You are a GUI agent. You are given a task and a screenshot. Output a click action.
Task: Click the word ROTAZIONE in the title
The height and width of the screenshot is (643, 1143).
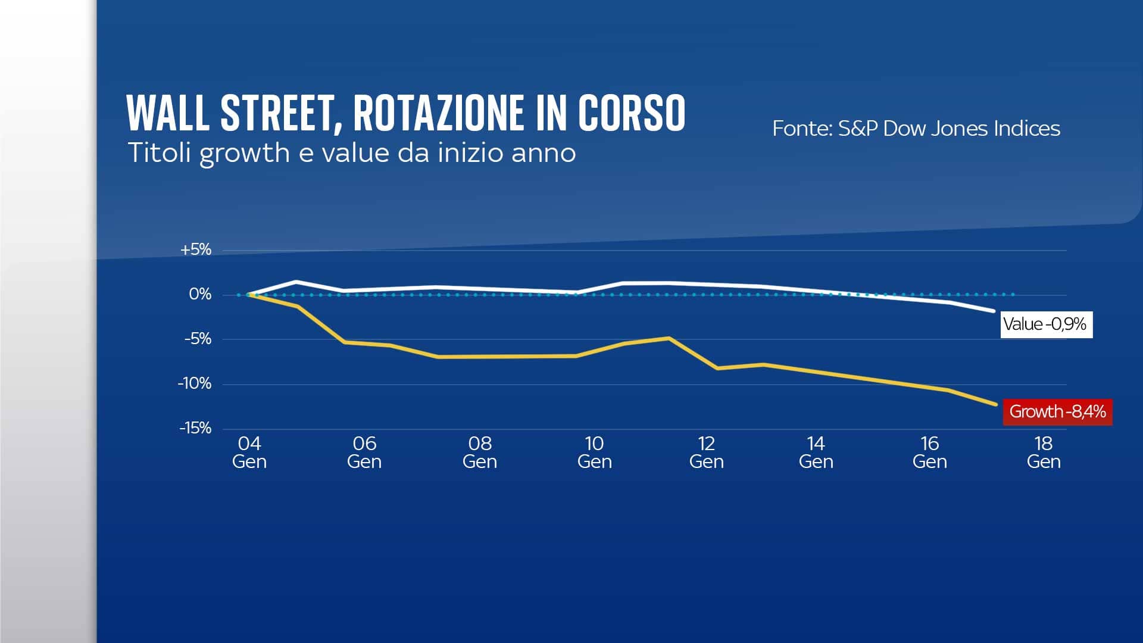pyautogui.click(x=439, y=113)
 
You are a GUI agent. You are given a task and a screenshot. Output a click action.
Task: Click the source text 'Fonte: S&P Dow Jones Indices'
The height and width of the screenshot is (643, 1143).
pyautogui.click(x=916, y=129)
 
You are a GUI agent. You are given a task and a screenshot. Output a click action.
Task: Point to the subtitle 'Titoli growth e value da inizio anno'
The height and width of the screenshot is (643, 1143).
pyautogui.click(x=352, y=153)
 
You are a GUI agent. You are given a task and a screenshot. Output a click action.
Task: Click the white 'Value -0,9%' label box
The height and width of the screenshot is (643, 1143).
pyautogui.click(x=1046, y=324)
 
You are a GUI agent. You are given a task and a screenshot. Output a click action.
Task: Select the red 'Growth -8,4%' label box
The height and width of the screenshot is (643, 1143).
pyautogui.click(x=1057, y=411)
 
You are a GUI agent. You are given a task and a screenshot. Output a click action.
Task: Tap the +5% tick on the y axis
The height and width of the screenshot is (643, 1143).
pyautogui.click(x=196, y=249)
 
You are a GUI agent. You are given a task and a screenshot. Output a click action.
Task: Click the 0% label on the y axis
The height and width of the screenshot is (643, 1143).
pyautogui.click(x=200, y=294)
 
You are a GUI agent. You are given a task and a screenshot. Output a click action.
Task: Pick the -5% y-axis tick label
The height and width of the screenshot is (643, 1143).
pyautogui.click(x=198, y=339)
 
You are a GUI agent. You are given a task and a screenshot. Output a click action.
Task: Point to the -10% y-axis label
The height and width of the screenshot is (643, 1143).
pyautogui.click(x=195, y=383)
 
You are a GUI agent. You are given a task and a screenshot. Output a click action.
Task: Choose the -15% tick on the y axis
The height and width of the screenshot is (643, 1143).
pyautogui.click(x=195, y=428)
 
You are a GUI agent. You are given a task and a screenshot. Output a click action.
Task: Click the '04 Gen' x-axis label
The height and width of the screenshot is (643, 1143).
pyautogui.click(x=249, y=452)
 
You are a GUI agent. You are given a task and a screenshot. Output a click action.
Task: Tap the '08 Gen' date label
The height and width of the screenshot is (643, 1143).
pyautogui.click(x=480, y=452)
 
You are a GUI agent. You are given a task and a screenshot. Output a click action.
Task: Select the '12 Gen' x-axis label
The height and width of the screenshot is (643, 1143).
pyautogui.click(x=707, y=452)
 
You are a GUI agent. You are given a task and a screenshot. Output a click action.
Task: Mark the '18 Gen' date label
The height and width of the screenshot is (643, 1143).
pyautogui.click(x=1044, y=452)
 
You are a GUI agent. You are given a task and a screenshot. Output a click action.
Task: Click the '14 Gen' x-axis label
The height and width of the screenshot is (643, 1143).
pyautogui.click(x=816, y=452)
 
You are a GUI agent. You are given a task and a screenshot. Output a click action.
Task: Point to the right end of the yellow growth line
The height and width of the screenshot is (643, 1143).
pyautogui.click(x=995, y=404)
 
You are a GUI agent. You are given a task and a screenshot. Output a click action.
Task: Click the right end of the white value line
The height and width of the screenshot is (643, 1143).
pyautogui.click(x=993, y=311)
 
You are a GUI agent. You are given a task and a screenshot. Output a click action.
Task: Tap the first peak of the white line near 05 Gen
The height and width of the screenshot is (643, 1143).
pyautogui.click(x=296, y=282)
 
